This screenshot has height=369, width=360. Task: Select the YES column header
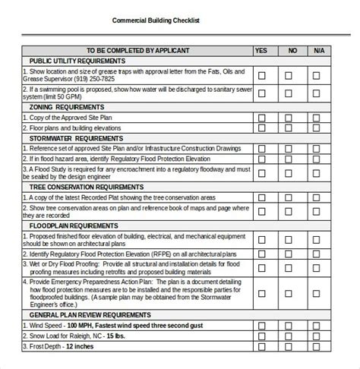coord(261,50)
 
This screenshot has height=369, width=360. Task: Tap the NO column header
coord(292,50)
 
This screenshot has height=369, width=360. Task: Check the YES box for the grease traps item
coord(261,75)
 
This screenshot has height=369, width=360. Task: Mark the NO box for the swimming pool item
coord(292,94)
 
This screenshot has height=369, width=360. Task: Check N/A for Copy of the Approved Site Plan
coord(321,118)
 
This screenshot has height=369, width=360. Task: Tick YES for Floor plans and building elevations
coord(261,128)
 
